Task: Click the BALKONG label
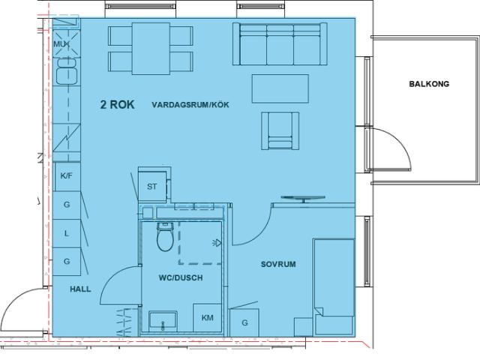pyautogui.click(x=429, y=84)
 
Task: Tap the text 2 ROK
pyautogui.click(x=117, y=104)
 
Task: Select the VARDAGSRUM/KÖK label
pyautogui.click(x=190, y=105)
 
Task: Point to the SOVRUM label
pyautogui.click(x=278, y=264)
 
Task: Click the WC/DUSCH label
pyautogui.click(x=181, y=277)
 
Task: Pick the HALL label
pyautogui.click(x=80, y=289)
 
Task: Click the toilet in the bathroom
pyautogui.click(x=165, y=236)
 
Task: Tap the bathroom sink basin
pyautogui.click(x=163, y=322)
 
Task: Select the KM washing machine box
pyautogui.click(x=207, y=318)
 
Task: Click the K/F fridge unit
pyautogui.click(x=67, y=177)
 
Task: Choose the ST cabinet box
pyautogui.click(x=152, y=187)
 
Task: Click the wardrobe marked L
pyautogui.click(x=67, y=233)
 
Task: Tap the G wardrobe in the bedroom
pyautogui.click(x=244, y=322)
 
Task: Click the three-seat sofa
pyautogui.click(x=280, y=43)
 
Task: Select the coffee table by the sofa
pyautogui.click(x=280, y=88)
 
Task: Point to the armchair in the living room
pyautogui.click(x=280, y=131)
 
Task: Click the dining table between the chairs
pyautogui.click(x=151, y=49)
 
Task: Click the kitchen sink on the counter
pyautogui.click(x=67, y=72)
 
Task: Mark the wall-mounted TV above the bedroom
pyautogui.click(x=303, y=199)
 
